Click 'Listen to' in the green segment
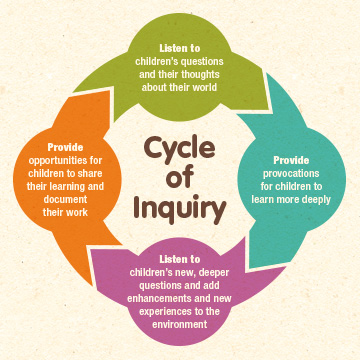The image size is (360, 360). pos(180,47)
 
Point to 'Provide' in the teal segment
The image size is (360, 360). pos(289,159)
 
